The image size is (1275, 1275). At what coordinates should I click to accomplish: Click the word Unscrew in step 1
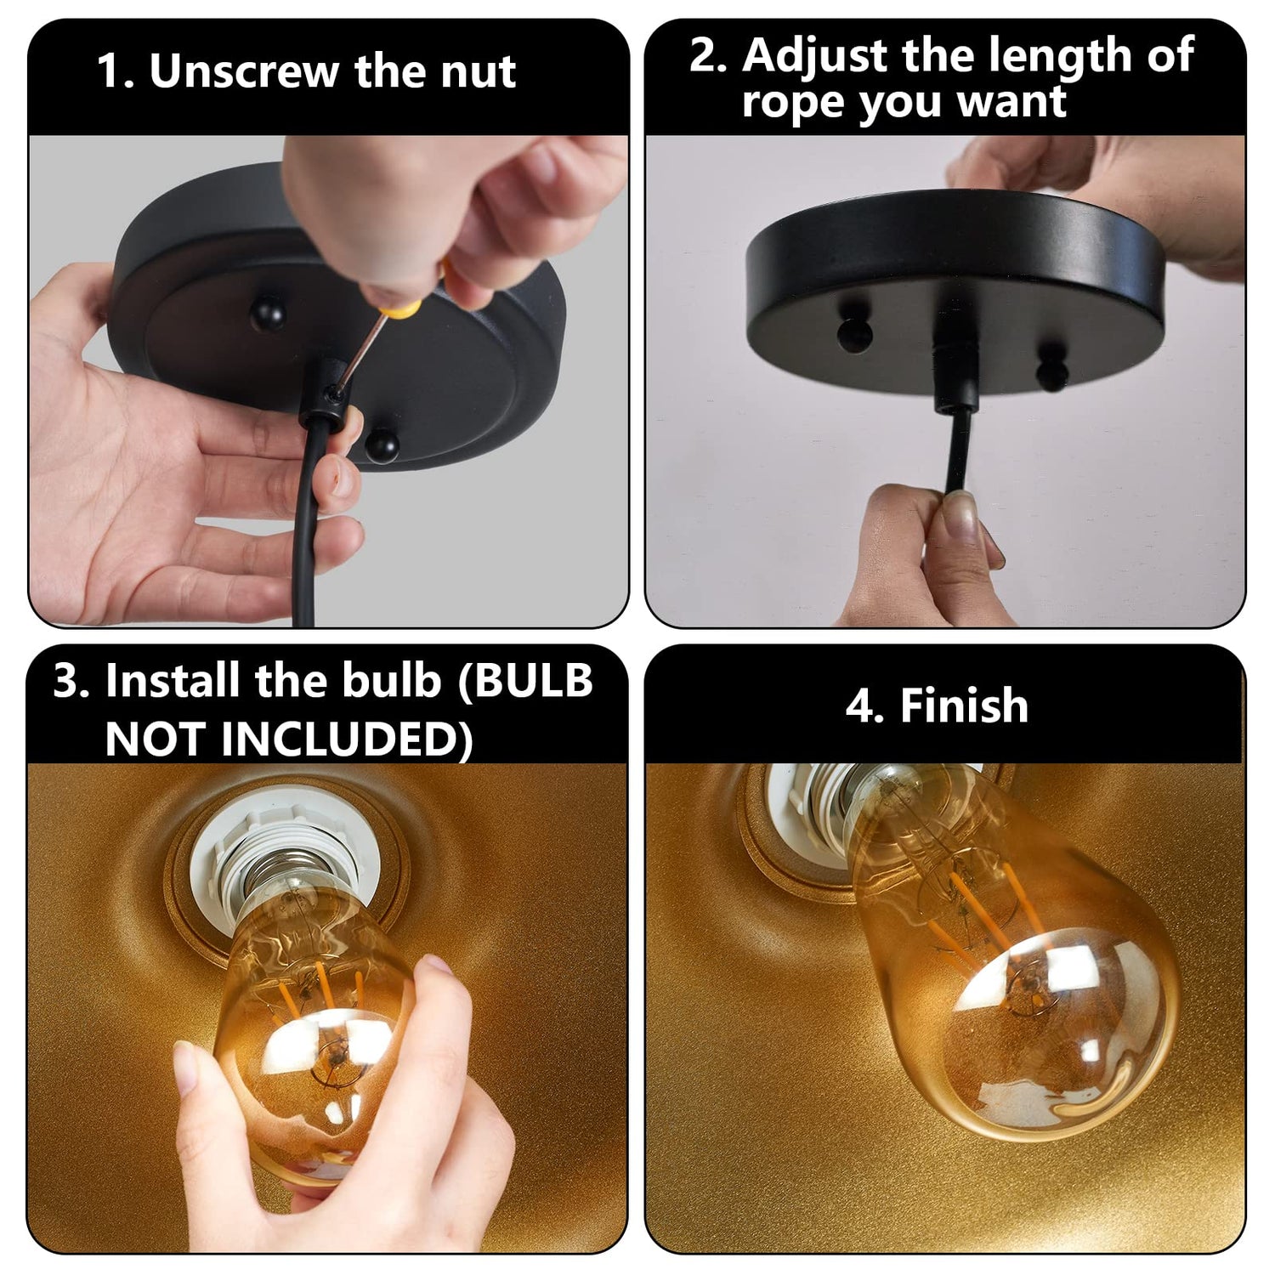(246, 71)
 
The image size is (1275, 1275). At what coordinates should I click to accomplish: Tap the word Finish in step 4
(963, 705)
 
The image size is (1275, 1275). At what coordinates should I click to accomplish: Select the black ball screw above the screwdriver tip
(269, 312)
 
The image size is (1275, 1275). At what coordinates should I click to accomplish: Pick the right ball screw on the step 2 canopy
(1051, 371)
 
